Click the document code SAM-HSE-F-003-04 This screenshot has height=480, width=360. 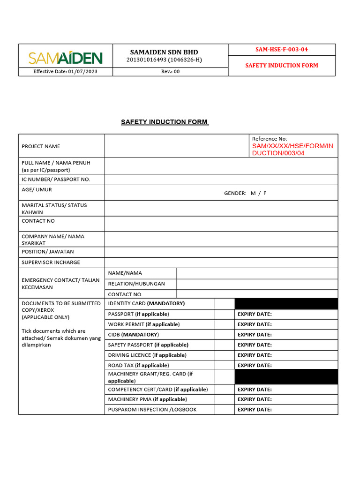click(x=281, y=49)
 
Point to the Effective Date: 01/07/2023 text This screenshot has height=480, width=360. click(x=65, y=72)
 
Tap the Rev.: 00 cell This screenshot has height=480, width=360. click(x=170, y=72)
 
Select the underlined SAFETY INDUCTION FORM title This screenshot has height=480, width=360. click(x=165, y=122)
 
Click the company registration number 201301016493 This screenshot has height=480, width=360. click(x=147, y=60)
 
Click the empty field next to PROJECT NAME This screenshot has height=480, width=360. click(x=176, y=146)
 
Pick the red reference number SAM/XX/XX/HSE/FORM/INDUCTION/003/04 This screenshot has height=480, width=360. click(x=292, y=150)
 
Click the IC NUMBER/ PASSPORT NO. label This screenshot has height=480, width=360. click(x=56, y=180)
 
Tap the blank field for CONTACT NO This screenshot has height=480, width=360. click(x=221, y=224)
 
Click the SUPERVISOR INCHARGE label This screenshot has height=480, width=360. click(x=51, y=262)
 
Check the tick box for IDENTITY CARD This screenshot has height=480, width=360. click(x=224, y=304)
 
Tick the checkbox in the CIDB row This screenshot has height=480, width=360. click(x=224, y=335)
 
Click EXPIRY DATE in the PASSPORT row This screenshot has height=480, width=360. click(x=255, y=314)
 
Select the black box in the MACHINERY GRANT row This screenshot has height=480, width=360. click(x=286, y=377)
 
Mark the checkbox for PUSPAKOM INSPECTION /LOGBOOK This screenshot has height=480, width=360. click(x=224, y=410)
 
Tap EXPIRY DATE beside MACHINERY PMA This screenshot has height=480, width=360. click(x=255, y=399)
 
